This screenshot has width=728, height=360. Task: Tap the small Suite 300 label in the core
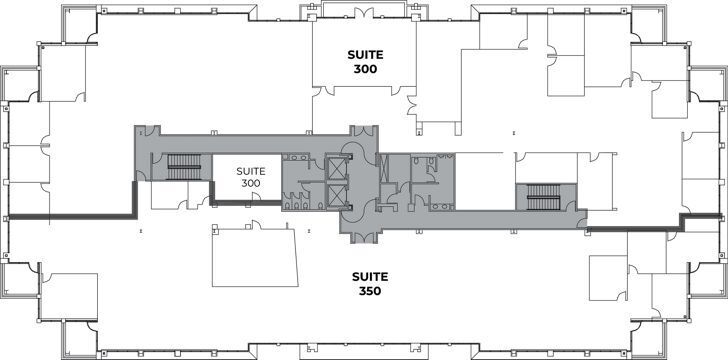pyautogui.click(x=250, y=177)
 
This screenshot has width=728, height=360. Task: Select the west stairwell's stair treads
pyautogui.click(x=183, y=166)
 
